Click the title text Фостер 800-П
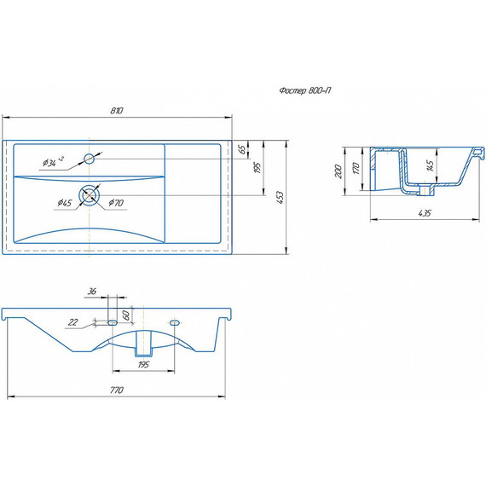coord(304,90)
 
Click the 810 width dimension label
coord(117,111)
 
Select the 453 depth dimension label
coord(280,198)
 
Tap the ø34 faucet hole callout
coord(53,161)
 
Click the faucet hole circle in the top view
coord(90,159)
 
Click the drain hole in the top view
coord(90,195)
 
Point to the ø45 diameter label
coord(65,203)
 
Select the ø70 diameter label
coord(116,203)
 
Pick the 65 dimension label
coord(243,149)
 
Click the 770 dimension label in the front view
coord(117,390)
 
